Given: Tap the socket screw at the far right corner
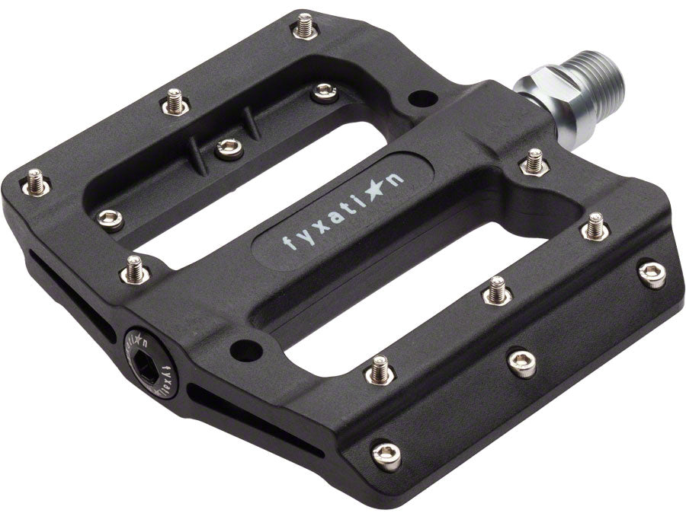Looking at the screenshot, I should point(652,274).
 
